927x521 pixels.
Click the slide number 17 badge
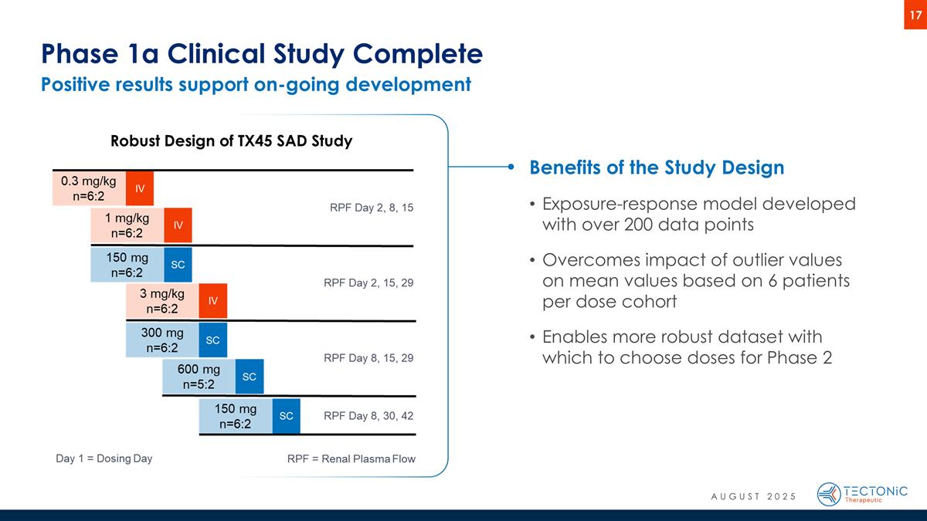click(915, 15)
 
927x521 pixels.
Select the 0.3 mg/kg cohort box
click(89, 188)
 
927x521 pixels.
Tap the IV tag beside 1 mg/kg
click(178, 225)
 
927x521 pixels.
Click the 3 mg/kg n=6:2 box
click(162, 301)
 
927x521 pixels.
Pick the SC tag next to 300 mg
click(214, 340)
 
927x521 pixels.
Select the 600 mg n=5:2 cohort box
click(199, 377)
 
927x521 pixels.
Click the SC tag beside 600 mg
click(250, 377)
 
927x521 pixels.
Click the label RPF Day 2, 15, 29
click(368, 283)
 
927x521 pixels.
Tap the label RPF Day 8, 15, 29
click(368, 358)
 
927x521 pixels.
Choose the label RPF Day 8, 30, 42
click(368, 415)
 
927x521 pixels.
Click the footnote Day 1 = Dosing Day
click(104, 458)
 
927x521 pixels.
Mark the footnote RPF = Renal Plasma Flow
click(351, 458)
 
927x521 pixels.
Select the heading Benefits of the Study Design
click(656, 167)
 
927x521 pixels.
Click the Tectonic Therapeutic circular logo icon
click(829, 494)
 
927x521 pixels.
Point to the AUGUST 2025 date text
click(752, 496)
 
